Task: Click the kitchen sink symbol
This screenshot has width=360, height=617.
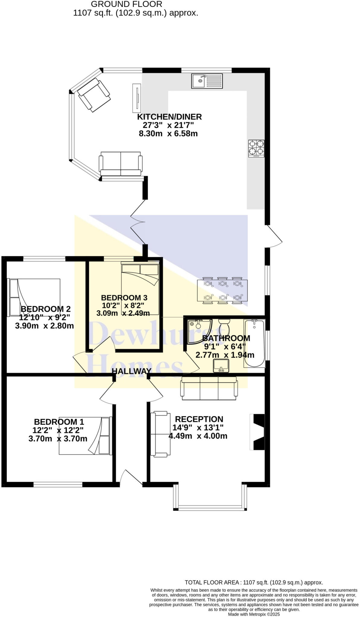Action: pos(207,81)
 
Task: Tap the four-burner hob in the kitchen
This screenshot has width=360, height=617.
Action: pos(256,148)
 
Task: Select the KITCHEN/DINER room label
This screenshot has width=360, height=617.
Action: pos(169,117)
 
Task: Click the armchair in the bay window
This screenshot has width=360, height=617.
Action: pos(94,95)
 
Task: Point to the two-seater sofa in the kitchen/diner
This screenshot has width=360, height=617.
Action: pos(121,164)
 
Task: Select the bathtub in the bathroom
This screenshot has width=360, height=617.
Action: pos(254,343)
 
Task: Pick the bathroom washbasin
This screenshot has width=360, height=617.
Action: pos(221,366)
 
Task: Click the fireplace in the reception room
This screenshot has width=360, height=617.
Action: pos(258,432)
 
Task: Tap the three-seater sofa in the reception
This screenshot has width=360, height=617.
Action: pos(209,388)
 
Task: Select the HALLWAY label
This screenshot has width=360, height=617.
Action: pos(131,371)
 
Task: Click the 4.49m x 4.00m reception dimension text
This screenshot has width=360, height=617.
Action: pos(198,436)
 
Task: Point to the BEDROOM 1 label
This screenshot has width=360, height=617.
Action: pos(59,422)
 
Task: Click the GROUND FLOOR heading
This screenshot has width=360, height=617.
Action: pos(126,4)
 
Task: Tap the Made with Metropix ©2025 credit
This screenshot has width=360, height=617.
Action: pos(254,614)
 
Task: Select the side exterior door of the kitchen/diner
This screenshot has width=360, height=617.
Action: pos(274,236)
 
